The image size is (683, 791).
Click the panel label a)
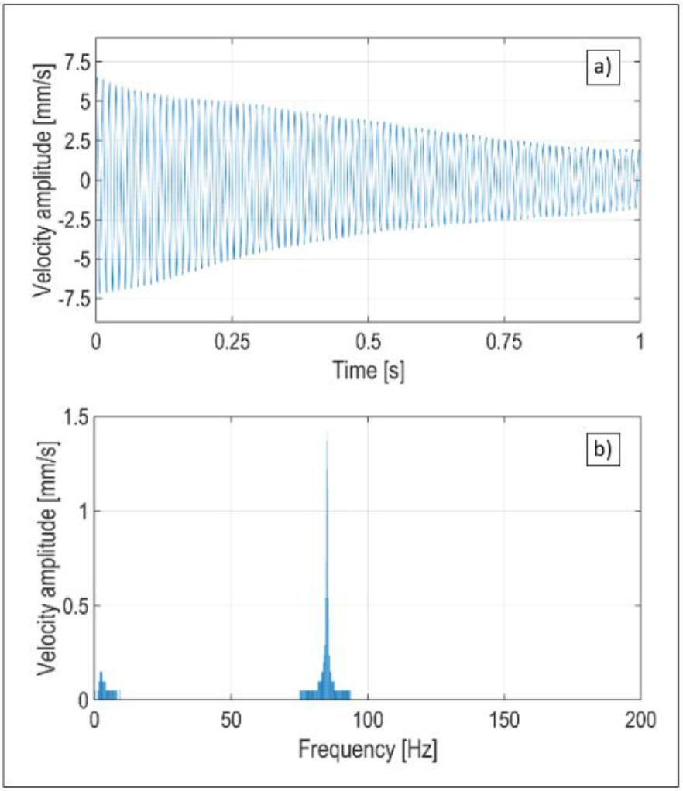(602, 67)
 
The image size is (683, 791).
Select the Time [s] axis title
(368, 370)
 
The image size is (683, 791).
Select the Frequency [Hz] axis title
(368, 749)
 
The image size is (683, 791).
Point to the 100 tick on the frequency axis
(367, 721)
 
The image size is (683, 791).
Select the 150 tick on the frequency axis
(503, 721)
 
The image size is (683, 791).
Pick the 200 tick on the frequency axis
(640, 721)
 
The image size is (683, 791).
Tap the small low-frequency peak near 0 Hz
(101, 674)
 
